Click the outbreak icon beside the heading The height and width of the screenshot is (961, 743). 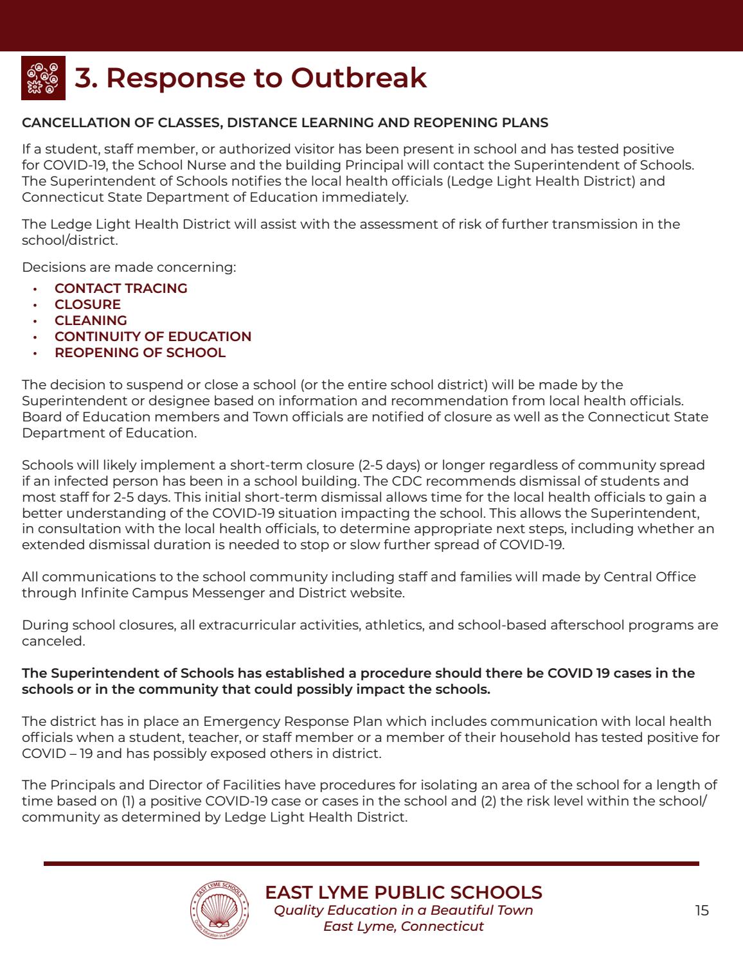click(x=44, y=78)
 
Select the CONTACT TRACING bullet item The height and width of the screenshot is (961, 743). click(x=121, y=288)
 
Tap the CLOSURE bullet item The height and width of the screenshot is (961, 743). click(x=87, y=304)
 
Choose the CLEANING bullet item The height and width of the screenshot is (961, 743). click(x=91, y=321)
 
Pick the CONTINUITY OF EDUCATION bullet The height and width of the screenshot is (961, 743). click(x=153, y=337)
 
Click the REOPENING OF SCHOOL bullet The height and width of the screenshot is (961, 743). click(x=140, y=353)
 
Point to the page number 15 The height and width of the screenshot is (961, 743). click(x=702, y=910)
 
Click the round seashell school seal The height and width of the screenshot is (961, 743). click(x=220, y=910)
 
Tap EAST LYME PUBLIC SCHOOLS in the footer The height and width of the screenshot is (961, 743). click(x=404, y=892)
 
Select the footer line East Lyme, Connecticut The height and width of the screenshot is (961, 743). click(x=404, y=926)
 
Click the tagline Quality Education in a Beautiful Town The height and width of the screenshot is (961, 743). click(x=404, y=910)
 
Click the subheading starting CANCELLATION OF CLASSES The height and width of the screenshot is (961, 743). click(x=285, y=123)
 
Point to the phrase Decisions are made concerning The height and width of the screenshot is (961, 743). click(x=129, y=267)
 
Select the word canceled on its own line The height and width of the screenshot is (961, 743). click(x=53, y=641)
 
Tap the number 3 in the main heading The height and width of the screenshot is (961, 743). click(x=82, y=78)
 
